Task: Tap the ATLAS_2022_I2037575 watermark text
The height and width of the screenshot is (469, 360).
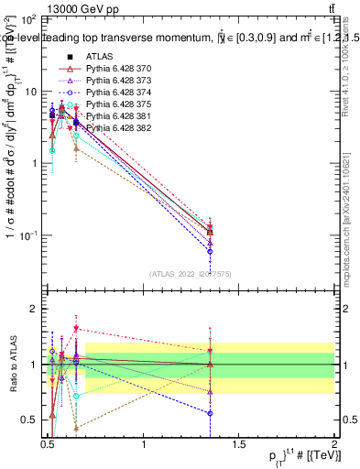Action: [x=191, y=273]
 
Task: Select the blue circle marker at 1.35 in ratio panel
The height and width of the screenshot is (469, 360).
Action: [x=211, y=413]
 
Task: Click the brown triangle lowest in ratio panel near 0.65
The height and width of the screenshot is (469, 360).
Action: [x=76, y=428]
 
